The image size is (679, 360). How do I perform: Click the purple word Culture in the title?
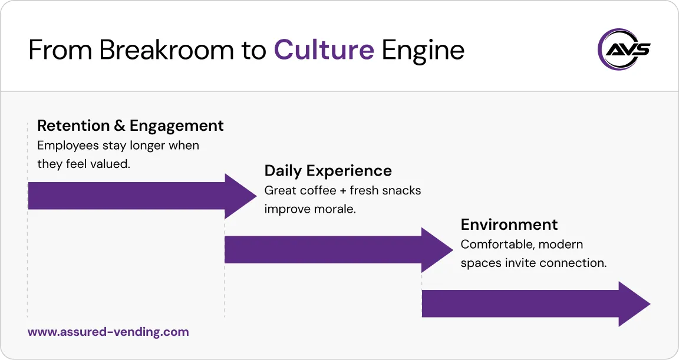coord(324,51)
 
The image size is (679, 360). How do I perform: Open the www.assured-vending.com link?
coord(108,332)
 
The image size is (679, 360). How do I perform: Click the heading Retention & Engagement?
coord(130,125)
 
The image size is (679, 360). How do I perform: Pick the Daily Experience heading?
coord(328,171)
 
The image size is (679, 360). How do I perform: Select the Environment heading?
coord(509,224)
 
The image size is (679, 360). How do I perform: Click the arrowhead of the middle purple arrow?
coord(437,250)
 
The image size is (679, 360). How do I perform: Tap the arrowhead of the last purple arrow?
coord(634,304)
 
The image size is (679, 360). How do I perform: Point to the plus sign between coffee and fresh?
coord(343,191)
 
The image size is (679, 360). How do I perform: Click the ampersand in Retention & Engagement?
coord(120,125)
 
